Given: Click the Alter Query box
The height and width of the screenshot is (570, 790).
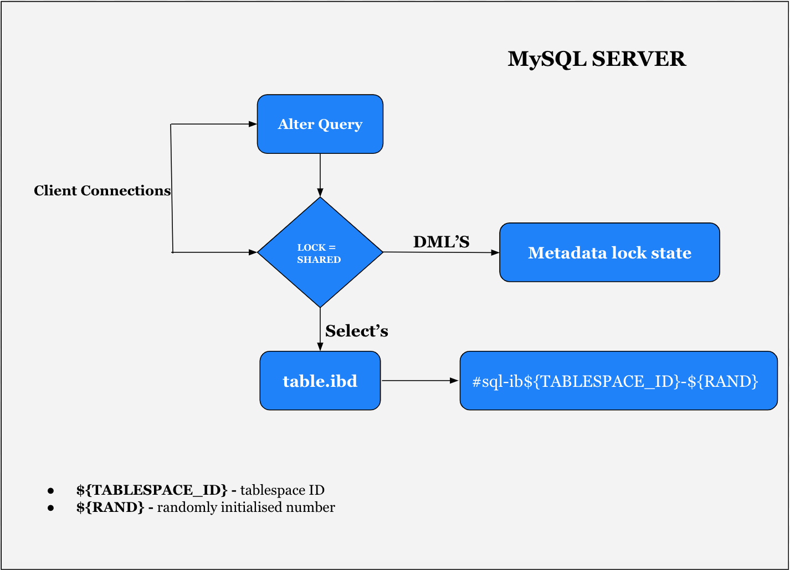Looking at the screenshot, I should point(320,124).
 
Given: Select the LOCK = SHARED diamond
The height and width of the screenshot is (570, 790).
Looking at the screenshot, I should point(320,252).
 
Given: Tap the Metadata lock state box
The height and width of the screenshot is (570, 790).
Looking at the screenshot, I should point(609,252).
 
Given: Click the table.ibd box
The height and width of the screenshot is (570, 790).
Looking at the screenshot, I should point(320,381).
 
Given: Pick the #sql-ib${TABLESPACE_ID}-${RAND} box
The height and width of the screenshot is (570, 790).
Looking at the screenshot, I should point(618,381).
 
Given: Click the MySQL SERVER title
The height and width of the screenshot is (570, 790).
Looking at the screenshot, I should point(597,59).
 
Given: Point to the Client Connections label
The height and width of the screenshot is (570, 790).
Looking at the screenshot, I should point(102,190).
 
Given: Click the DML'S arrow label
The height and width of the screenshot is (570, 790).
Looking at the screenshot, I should point(441,242).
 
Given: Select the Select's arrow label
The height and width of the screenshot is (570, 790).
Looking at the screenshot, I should point(356,331).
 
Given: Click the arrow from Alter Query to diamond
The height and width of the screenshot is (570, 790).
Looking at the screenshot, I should point(320,174).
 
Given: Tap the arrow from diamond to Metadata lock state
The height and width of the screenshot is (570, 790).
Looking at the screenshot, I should point(440,252).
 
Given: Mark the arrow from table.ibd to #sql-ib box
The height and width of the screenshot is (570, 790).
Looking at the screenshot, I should point(419,381).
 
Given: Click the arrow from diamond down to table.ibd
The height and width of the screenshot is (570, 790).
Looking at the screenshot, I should point(320,329).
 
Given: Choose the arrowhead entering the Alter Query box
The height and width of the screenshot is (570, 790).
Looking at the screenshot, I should point(253,124).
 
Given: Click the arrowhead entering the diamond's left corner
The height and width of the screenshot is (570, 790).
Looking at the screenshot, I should point(253,252).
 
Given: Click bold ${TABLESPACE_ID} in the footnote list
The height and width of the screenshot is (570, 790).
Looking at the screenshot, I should point(152,490).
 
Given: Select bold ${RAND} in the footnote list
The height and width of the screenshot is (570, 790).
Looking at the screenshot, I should point(110,507).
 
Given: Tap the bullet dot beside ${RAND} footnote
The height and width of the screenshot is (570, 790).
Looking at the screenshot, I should point(51,507).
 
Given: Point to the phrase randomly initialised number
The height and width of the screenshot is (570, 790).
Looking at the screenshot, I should point(246,507).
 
